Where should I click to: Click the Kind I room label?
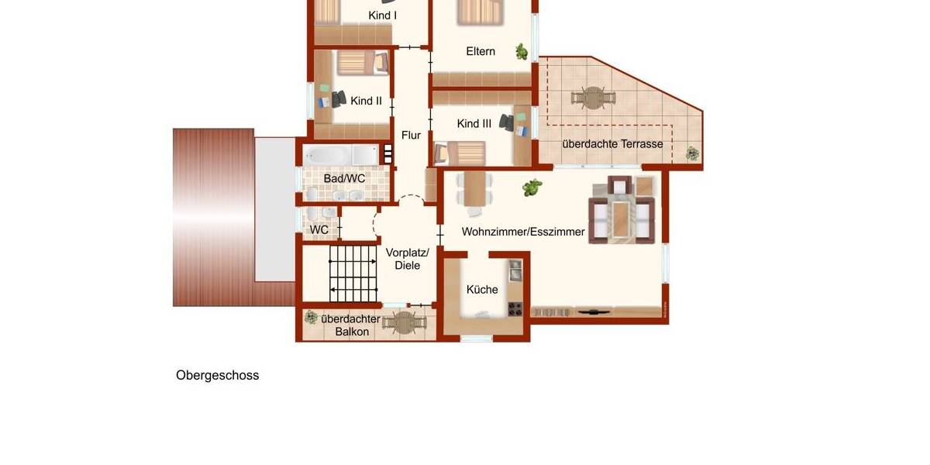(383, 15)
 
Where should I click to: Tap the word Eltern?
(480, 51)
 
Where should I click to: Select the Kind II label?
(366, 101)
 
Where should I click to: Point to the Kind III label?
(474, 124)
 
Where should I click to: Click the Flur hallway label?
(411, 136)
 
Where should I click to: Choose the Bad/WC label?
(344, 178)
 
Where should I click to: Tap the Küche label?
(482, 290)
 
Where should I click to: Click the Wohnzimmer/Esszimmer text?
(523, 232)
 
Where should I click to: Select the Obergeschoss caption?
(217, 376)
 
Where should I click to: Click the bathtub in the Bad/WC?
(340, 155)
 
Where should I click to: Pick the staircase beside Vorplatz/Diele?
(353, 273)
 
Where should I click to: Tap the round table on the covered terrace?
(594, 98)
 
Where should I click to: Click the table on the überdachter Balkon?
(405, 322)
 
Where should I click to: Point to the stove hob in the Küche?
(515, 309)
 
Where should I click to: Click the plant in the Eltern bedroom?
(523, 53)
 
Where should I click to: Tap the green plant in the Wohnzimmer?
(532, 188)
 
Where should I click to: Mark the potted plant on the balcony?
(311, 317)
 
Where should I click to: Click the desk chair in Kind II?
(339, 98)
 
